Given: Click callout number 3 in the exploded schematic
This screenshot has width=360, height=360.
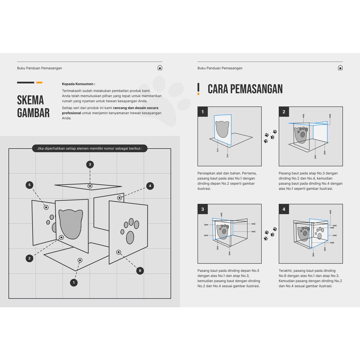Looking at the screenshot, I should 90,164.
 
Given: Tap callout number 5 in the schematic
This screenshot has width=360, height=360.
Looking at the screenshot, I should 30,185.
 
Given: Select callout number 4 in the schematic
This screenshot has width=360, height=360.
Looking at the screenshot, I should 150,186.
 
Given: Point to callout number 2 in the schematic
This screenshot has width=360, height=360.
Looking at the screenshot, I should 30,258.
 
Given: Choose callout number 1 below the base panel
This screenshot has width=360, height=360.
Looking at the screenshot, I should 74,282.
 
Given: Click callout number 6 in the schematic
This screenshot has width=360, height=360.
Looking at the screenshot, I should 140,271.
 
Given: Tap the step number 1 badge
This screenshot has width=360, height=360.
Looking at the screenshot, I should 202,112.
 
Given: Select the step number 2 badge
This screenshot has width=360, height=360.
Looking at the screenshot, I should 284,112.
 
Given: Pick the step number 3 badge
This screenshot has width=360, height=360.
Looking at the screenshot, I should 202,210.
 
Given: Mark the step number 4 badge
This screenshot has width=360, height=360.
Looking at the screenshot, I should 284,210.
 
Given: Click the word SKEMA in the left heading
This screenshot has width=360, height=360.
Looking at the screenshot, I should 31,100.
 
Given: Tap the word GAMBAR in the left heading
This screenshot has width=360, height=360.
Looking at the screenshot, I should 33,113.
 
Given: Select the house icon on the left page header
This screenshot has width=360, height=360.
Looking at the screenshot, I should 160,68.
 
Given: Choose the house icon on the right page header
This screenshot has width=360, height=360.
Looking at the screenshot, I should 340,68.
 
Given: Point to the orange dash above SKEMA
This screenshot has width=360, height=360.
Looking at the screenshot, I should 39,83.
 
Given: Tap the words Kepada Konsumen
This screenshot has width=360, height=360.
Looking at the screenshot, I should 78,84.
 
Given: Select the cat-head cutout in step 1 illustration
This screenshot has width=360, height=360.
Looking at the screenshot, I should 222,129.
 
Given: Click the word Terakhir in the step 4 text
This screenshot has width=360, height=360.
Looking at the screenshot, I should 287,270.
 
